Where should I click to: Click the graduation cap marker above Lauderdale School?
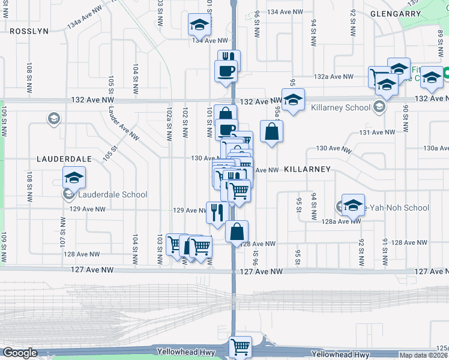[74, 178]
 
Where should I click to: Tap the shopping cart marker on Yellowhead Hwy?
[240, 346]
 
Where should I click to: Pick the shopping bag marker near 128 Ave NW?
[237, 230]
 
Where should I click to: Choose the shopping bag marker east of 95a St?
[271, 131]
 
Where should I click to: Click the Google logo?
[20, 353]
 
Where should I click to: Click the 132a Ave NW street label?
[334, 77]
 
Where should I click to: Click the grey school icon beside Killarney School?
[379, 108]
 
